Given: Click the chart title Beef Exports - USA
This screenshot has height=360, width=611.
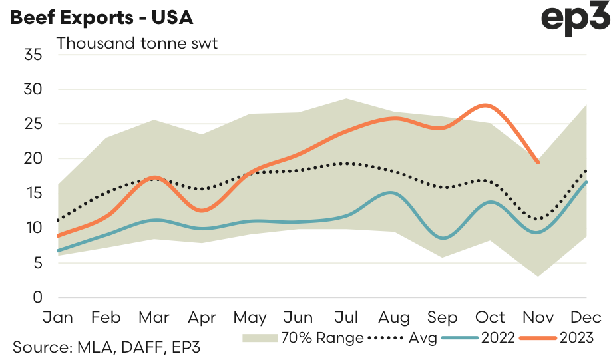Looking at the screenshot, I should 101,17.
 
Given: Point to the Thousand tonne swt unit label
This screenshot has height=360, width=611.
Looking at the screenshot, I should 137,45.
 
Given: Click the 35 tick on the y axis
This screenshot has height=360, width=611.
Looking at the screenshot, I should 33,55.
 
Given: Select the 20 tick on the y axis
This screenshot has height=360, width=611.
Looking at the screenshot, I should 33,159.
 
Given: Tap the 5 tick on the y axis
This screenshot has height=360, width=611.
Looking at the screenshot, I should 37,263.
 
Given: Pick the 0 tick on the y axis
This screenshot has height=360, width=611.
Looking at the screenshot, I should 37,297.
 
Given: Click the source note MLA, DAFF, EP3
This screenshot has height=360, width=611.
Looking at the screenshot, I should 106,347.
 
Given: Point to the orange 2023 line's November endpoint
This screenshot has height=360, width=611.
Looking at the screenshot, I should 538,162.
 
